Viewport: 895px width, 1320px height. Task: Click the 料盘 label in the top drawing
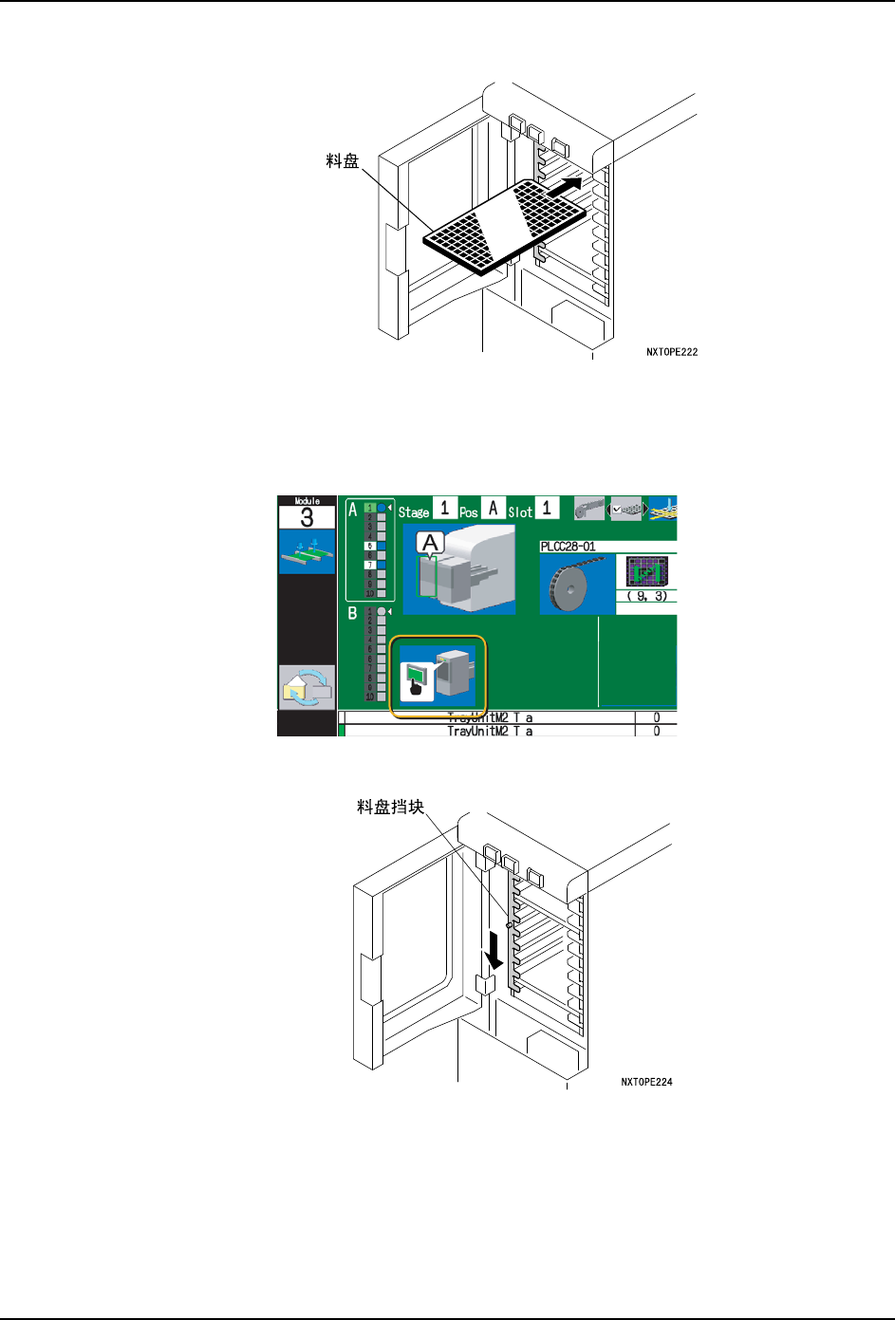tap(343, 161)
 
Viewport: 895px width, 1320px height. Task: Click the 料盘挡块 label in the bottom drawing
tap(390, 808)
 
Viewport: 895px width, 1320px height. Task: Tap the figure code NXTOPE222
tap(672, 352)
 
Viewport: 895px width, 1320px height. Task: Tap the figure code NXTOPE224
tap(646, 1082)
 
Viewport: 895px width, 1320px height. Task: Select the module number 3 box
tap(307, 517)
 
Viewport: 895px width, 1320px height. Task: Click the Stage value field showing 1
tap(444, 509)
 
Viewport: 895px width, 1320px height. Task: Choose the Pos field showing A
tap(493, 509)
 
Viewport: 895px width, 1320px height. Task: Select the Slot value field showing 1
tap(547, 509)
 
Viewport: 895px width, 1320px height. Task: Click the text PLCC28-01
tap(569, 547)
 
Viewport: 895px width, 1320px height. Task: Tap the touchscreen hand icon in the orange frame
tap(415, 680)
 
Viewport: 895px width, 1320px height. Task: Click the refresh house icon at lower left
tap(307, 686)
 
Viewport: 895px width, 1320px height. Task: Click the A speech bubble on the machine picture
tap(431, 544)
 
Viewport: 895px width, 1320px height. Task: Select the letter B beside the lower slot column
tap(352, 613)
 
